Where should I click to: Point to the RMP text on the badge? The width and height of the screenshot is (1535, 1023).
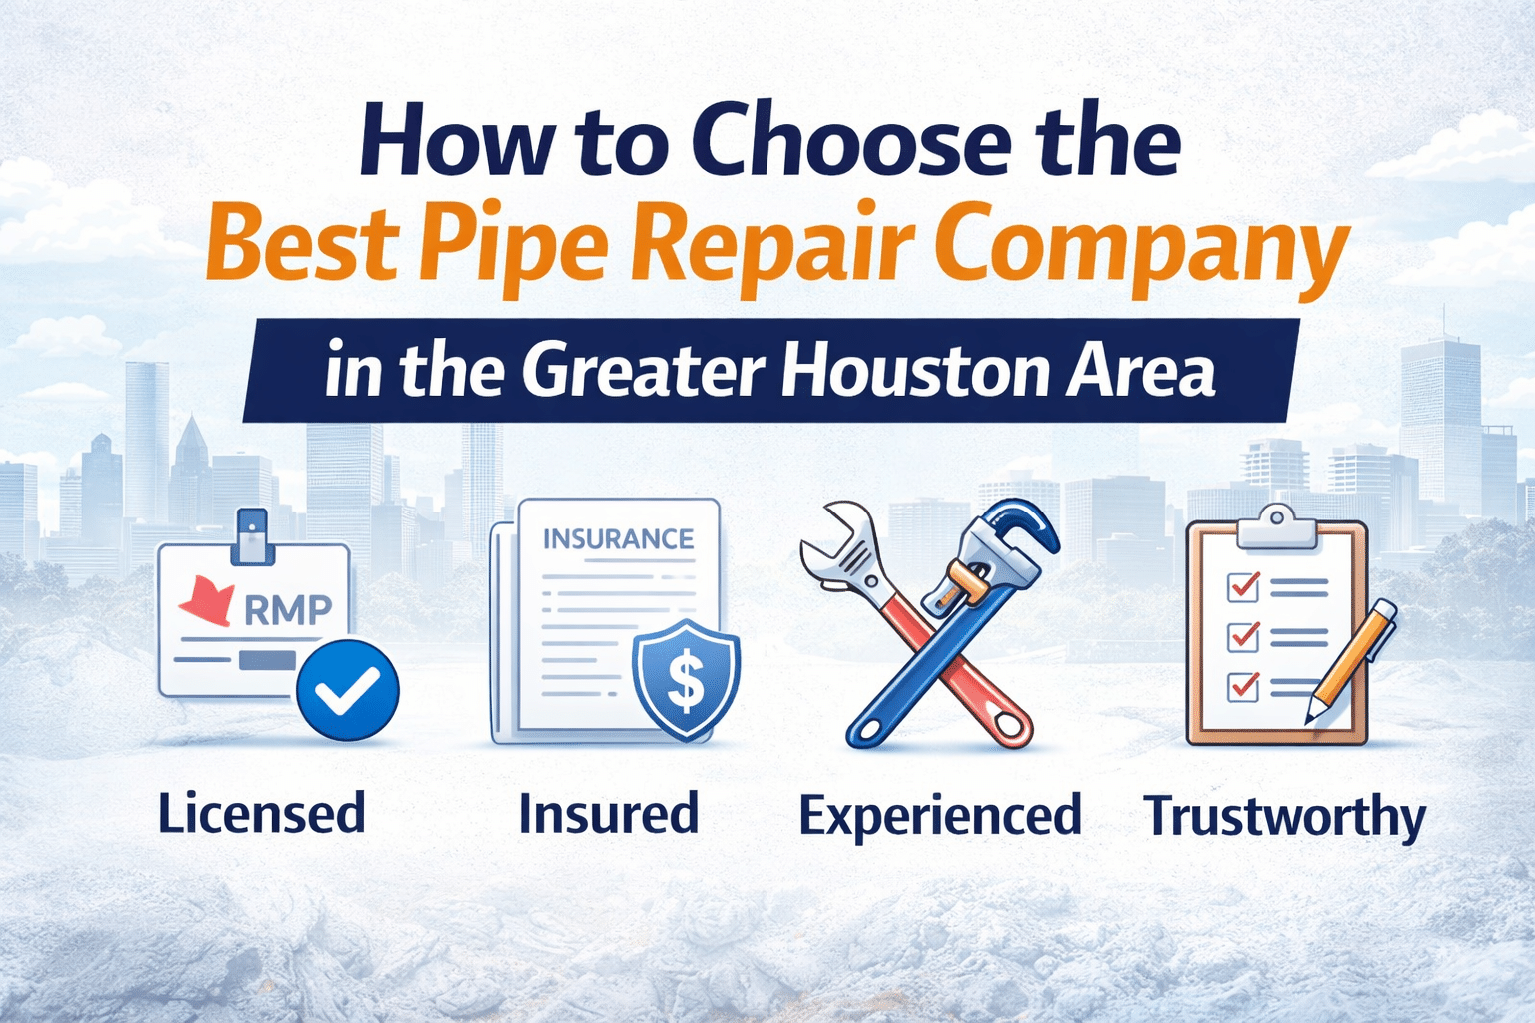pyautogui.click(x=288, y=609)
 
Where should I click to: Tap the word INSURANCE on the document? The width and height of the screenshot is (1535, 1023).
pyautogui.click(x=618, y=538)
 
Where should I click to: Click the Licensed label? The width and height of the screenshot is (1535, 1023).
pyautogui.click(x=261, y=814)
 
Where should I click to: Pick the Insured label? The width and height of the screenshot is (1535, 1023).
pyautogui.click(x=609, y=813)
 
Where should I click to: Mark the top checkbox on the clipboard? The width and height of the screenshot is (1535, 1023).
pyautogui.click(x=1242, y=587)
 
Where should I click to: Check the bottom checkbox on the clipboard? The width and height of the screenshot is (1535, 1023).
pyautogui.click(x=1242, y=686)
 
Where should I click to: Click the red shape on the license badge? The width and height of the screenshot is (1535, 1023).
pyautogui.click(x=208, y=601)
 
